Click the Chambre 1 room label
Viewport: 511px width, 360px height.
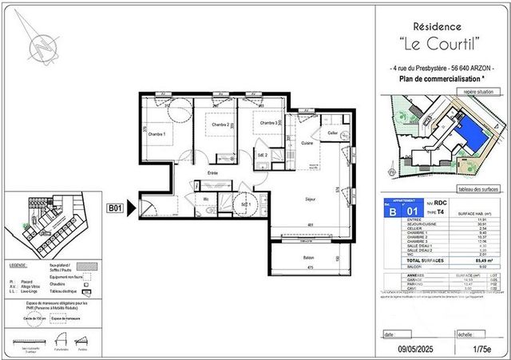click(156, 134)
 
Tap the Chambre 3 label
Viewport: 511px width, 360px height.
click(266, 123)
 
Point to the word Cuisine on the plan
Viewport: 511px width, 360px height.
click(307, 143)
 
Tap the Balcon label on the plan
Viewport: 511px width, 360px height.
click(308, 258)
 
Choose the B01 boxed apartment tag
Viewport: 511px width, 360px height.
click(115, 209)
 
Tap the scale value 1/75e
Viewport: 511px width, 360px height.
click(481, 348)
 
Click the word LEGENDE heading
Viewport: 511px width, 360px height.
click(18, 263)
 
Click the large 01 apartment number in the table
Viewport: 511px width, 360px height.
click(414, 212)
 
